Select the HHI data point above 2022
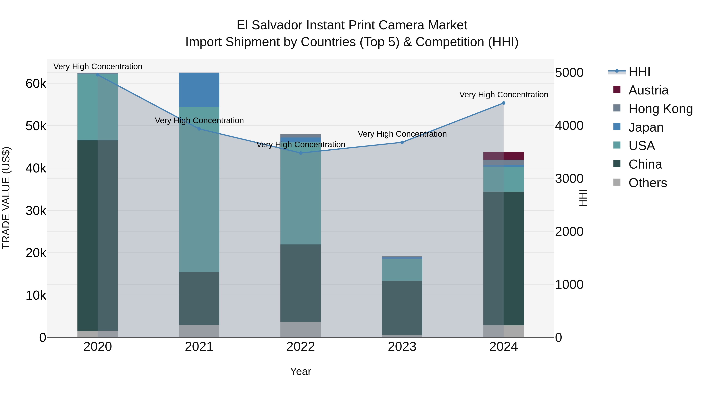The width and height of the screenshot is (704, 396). (x=301, y=153)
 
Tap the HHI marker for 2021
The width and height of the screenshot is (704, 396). (x=199, y=129)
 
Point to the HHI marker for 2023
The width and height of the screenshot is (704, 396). (x=402, y=142)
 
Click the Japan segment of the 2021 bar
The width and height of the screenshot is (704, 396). (x=199, y=90)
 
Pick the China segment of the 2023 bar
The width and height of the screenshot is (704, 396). (x=402, y=308)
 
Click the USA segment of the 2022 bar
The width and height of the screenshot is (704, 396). (x=301, y=197)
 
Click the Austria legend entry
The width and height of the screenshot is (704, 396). (x=648, y=90)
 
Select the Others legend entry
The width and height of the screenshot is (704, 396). (x=647, y=183)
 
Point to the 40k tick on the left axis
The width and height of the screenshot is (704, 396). (x=36, y=168)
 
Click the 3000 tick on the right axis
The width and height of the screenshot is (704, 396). (x=569, y=179)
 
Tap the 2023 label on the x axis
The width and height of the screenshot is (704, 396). (x=402, y=347)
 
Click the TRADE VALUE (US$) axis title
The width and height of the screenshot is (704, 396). (x=6, y=198)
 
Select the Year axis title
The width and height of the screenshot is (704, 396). (x=301, y=371)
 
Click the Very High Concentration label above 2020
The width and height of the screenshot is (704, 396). (x=98, y=66)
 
